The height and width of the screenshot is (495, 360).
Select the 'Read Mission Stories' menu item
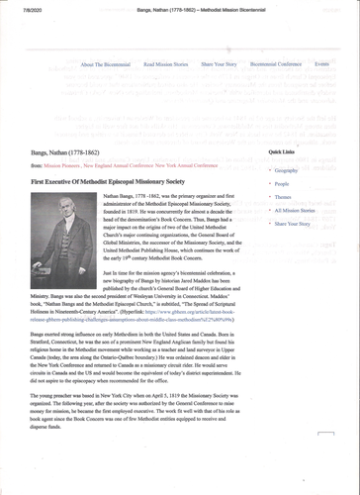(165, 63)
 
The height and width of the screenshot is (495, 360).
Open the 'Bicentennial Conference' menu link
(277, 63)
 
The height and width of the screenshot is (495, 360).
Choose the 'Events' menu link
(321, 63)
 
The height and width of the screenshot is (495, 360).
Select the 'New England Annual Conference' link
(128, 165)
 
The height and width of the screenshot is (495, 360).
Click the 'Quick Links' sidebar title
(282, 152)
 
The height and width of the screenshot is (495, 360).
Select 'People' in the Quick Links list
(282, 184)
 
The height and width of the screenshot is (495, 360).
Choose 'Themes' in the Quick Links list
(284, 197)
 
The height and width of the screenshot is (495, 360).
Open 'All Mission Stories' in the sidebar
(295, 210)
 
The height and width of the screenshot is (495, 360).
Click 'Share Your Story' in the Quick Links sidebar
(293, 224)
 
